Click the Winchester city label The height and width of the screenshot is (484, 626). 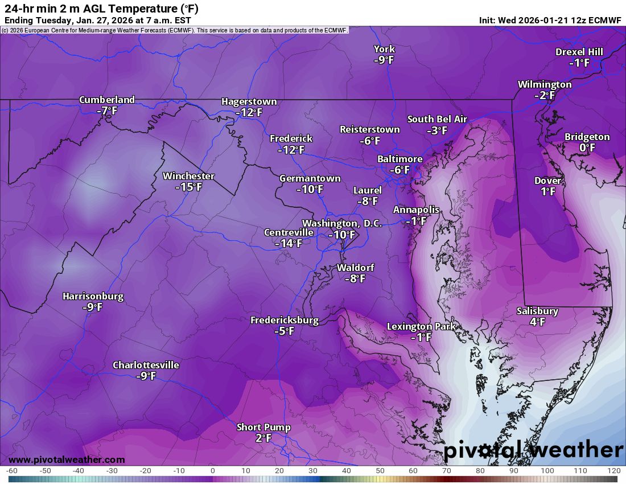pyautogui.click(x=188, y=176)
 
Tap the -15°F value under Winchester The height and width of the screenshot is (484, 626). pyautogui.click(x=188, y=187)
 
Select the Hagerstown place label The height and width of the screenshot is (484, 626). pyautogui.click(x=249, y=102)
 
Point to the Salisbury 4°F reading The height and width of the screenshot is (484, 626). pyautogui.click(x=537, y=322)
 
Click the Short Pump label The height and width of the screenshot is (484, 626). pyautogui.click(x=263, y=427)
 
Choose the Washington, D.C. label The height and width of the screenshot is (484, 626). pyautogui.click(x=341, y=223)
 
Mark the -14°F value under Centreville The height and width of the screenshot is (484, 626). pyautogui.click(x=288, y=243)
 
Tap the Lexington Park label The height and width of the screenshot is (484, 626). pyautogui.click(x=421, y=326)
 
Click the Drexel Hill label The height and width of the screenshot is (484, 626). pyautogui.click(x=579, y=52)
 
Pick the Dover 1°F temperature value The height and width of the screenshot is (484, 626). pyautogui.click(x=547, y=192)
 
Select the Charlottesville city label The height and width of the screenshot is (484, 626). pyautogui.click(x=146, y=365)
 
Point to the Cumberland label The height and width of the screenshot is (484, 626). pyautogui.click(x=107, y=100)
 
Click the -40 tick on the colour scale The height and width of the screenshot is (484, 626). pyautogui.click(x=79, y=471)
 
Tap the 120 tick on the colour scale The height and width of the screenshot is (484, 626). pyautogui.click(x=613, y=471)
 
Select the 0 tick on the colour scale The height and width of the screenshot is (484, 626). pyautogui.click(x=212, y=471)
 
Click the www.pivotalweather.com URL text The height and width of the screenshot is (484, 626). pyautogui.click(x=67, y=460)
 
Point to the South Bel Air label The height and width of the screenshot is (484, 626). pyautogui.click(x=436, y=119)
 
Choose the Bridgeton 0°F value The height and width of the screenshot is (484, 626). pyautogui.click(x=587, y=147)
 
